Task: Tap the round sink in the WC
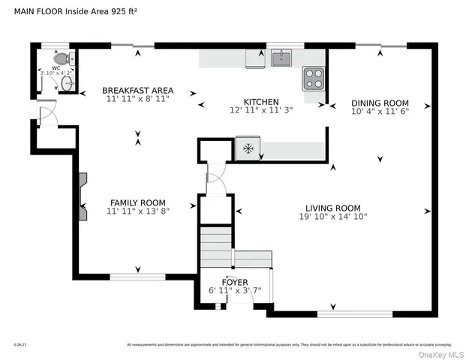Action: pyautogui.click(x=65, y=82)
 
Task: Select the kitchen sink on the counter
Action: pyautogui.click(x=281, y=58)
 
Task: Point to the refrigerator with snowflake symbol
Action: pyautogui.click(x=247, y=148)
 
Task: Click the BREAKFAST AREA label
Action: pyautogui.click(x=137, y=91)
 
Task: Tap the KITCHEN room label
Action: pyautogui.click(x=260, y=102)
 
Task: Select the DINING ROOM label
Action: pyautogui.click(x=380, y=103)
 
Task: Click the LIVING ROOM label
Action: pyautogui.click(x=332, y=208)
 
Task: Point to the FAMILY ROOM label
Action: pyautogui.click(x=137, y=202)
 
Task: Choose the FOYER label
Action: pyautogui.click(x=235, y=282)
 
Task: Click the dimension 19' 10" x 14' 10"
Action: pyautogui.click(x=332, y=217)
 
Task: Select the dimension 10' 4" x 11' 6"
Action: pyautogui.click(x=380, y=112)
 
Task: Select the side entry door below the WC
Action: pyautogui.click(x=45, y=115)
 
